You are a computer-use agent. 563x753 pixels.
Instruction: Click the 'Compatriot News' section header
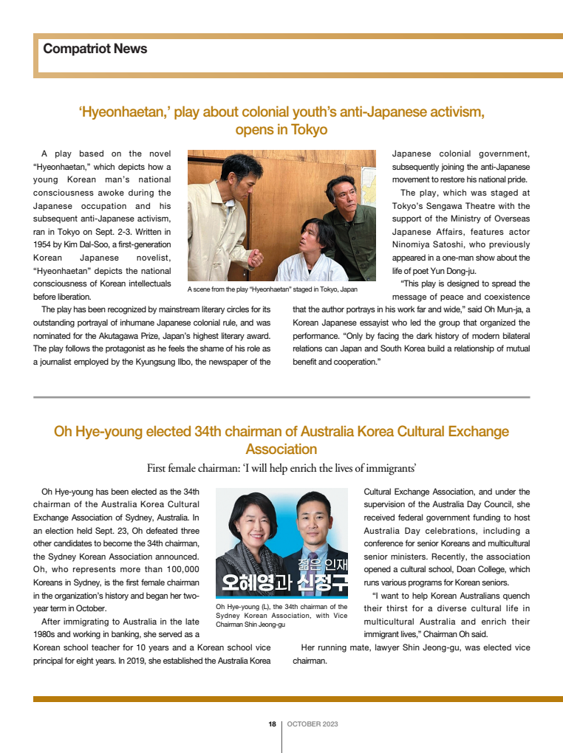pyautogui.click(x=95, y=49)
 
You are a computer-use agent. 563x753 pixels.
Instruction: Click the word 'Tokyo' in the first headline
pyautogui.click(x=308, y=130)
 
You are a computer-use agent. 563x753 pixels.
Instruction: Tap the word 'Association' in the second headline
pyautogui.click(x=281, y=449)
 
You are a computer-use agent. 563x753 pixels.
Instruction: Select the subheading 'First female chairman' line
pyautogui.click(x=281, y=467)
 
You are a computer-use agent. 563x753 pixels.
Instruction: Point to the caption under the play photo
pyautogui.click(x=272, y=289)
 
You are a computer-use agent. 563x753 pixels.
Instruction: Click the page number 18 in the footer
pyautogui.click(x=272, y=724)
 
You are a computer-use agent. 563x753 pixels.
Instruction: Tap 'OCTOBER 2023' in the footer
pyautogui.click(x=312, y=724)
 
